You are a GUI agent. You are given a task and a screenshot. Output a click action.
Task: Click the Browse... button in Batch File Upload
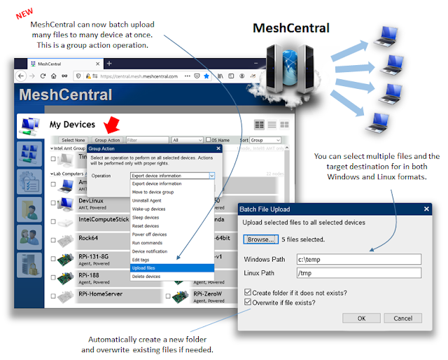pyautogui.click(x=261, y=239)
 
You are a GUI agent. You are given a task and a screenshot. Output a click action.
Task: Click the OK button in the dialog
pyautogui.click(x=361, y=318)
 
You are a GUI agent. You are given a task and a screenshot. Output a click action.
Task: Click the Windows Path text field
pyautogui.click(x=359, y=258)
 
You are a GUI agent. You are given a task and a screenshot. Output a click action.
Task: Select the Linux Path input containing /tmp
pyautogui.click(x=359, y=272)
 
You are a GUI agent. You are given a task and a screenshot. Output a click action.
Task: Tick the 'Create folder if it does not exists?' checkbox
pyautogui.click(x=248, y=291)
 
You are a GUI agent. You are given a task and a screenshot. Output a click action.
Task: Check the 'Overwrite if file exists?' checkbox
pyautogui.click(x=248, y=303)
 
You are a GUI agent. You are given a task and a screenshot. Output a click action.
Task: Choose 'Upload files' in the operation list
pyautogui.click(x=144, y=268)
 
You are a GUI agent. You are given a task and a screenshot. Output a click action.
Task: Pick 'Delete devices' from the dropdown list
pyautogui.click(x=146, y=277)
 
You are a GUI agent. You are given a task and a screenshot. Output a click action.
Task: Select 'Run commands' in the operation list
pyautogui.click(x=147, y=242)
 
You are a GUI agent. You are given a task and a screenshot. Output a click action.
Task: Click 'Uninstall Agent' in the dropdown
pyautogui.click(x=148, y=201)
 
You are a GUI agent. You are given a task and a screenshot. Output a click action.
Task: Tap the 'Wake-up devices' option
pyautogui.click(x=148, y=209)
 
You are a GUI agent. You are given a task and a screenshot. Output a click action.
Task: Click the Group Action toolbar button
pyautogui.click(x=107, y=140)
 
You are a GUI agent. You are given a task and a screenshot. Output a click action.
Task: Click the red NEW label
pyautogui.click(x=25, y=13)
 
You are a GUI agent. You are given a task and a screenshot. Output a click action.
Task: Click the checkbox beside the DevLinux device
pyautogui.click(x=53, y=204)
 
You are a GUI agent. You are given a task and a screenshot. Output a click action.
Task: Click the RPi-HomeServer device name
pyautogui.click(x=100, y=294)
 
